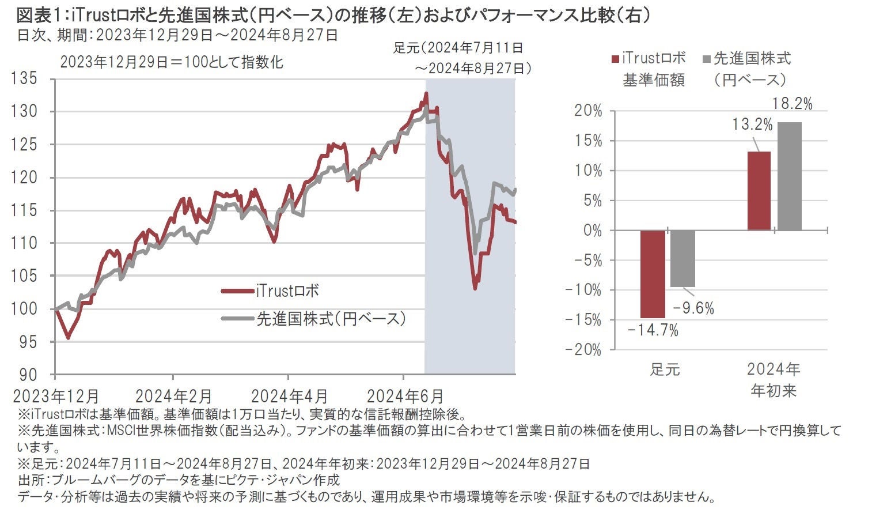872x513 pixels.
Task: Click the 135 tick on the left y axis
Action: [x=25, y=78]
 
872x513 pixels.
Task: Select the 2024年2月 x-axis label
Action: [x=173, y=397]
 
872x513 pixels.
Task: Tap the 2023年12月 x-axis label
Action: [x=55, y=397]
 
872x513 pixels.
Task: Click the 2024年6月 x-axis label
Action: [x=405, y=397]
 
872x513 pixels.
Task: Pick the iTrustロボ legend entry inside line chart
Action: [x=287, y=291]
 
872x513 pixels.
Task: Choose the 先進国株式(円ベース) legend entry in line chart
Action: [x=331, y=319]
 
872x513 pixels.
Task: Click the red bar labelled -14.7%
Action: [x=653, y=274]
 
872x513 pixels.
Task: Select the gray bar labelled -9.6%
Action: [x=683, y=258]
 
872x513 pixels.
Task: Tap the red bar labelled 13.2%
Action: [x=759, y=191]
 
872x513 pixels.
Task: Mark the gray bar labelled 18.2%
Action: [x=789, y=176]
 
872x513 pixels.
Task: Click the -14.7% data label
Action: [x=653, y=330]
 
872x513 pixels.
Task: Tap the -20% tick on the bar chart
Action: [x=584, y=350]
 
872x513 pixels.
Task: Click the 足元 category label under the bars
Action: [x=665, y=369]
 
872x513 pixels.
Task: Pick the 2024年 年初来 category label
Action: [x=774, y=379]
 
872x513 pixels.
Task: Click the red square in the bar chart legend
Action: [x=615, y=59]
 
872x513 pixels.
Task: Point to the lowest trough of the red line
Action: [x=475, y=288]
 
